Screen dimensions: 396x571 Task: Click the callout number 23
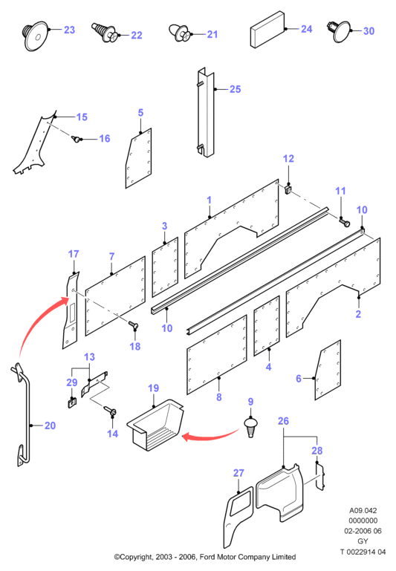pos(69,30)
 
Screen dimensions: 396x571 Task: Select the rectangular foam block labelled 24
pos(267,30)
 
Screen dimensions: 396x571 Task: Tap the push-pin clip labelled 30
pos(340,31)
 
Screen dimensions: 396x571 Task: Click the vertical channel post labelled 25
pos(206,113)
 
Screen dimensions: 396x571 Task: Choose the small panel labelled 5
pos(139,158)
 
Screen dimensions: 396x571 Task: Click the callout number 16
pos(105,139)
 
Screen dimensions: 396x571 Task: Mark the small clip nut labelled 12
pos(288,189)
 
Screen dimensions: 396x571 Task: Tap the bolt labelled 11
pos(344,221)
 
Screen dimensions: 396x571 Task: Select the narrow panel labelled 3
pos(165,267)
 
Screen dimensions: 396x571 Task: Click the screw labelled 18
pos(132,324)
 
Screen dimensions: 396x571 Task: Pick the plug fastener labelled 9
pos(250,428)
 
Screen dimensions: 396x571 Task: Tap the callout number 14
pos(113,434)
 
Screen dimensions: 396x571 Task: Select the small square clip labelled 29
pos(72,403)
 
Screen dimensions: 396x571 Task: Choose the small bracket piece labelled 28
pos(320,477)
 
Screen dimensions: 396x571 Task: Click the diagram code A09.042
pos(363,511)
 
